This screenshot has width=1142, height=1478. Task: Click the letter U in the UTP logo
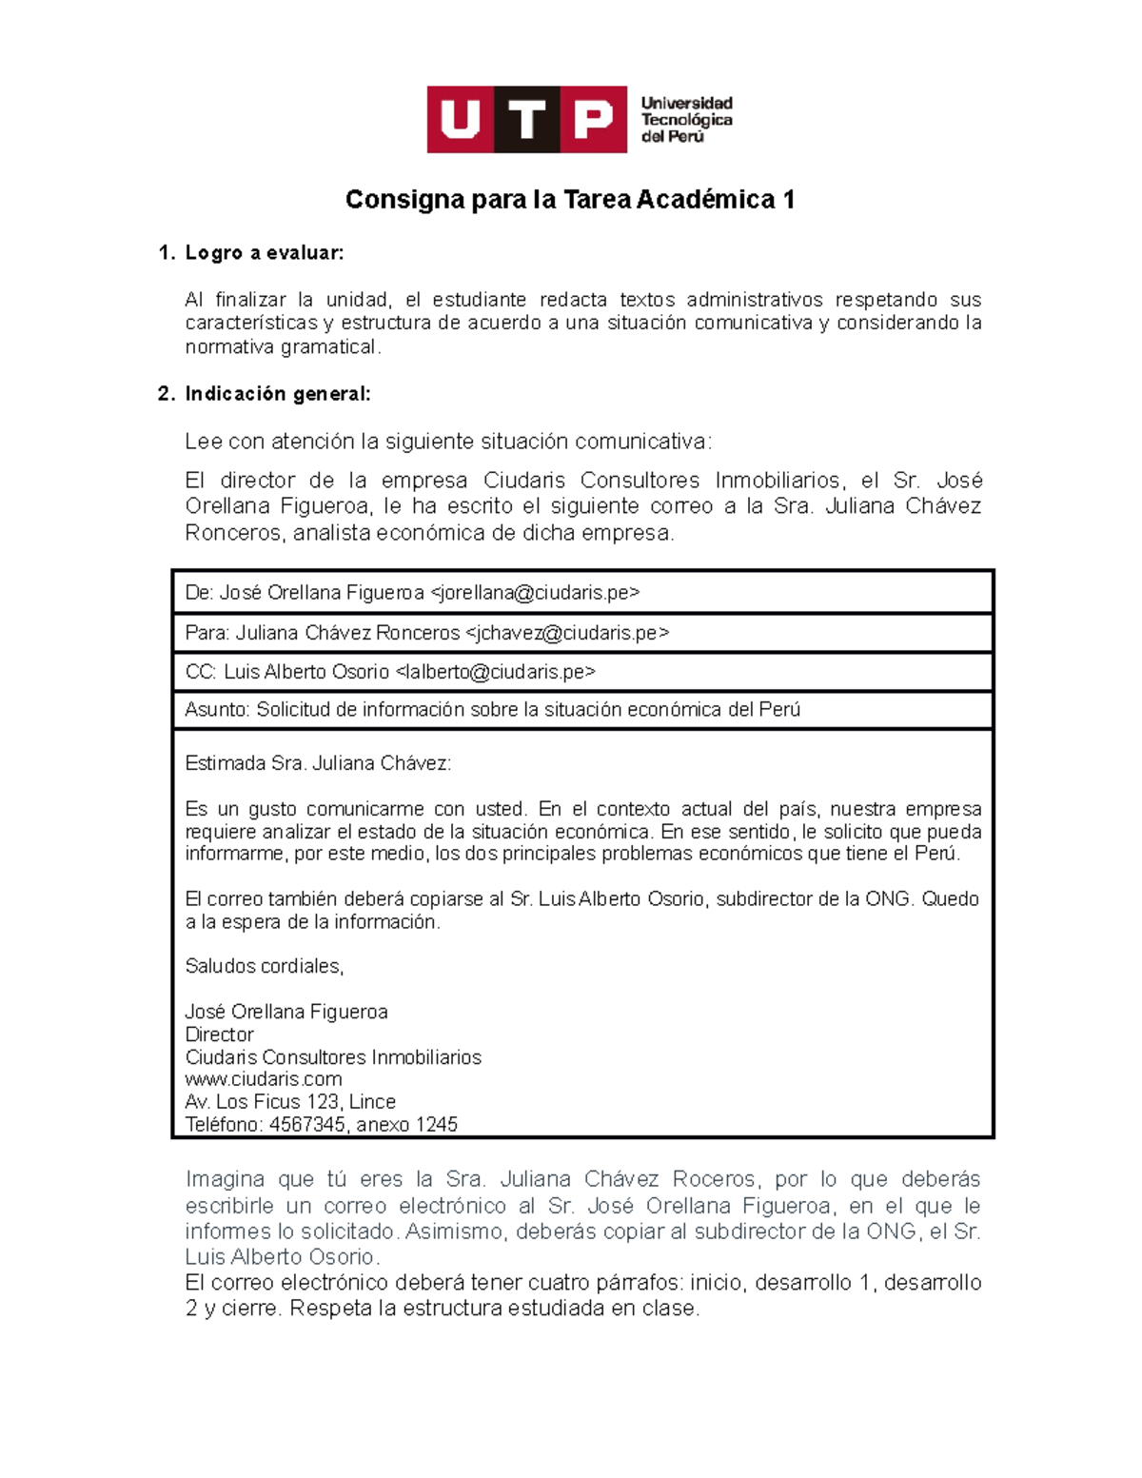[x=461, y=120]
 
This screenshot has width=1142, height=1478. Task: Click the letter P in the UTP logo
[x=593, y=120]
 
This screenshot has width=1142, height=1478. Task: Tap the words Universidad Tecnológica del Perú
[x=686, y=120]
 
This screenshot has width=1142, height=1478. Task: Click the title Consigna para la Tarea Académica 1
[x=569, y=200]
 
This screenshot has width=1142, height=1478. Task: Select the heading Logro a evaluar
[x=264, y=253]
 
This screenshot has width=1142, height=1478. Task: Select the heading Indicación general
[x=277, y=394]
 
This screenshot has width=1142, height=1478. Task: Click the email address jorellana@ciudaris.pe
[x=535, y=593]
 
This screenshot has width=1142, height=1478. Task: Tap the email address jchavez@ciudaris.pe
[x=566, y=633]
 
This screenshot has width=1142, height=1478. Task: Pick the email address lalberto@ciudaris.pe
[x=495, y=672]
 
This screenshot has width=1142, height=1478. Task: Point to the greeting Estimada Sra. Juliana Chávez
[x=318, y=763]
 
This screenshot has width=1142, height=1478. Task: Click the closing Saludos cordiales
[x=264, y=966]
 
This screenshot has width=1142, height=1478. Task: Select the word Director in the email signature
[x=219, y=1035]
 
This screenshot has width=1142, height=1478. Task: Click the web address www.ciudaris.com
[x=264, y=1079]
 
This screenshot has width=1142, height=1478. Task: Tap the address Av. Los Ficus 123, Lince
[x=290, y=1102]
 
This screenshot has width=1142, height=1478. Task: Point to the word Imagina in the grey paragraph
[x=226, y=1179]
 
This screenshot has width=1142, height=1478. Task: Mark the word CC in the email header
[x=200, y=672]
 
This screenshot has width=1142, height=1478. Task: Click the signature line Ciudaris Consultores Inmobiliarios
[x=333, y=1057]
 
